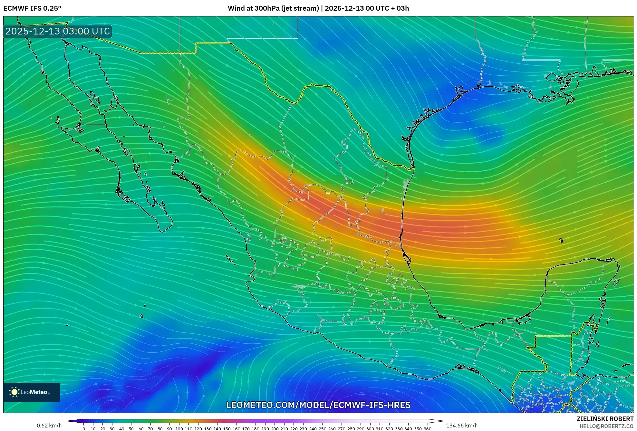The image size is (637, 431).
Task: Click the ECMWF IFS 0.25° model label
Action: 32,8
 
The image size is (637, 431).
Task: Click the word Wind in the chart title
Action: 236,8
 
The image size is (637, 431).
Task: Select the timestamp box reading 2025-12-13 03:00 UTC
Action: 58,31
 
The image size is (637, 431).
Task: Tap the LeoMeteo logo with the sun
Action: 31,392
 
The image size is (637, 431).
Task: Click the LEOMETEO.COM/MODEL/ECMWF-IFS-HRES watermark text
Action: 318,405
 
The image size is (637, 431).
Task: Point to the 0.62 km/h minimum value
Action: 49,426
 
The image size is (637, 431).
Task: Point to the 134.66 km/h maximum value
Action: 462,426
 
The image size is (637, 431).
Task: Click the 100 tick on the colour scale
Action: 179,429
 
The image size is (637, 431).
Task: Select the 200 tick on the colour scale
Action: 275,429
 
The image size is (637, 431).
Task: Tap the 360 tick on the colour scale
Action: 427,429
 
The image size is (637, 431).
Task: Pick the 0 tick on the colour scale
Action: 84,429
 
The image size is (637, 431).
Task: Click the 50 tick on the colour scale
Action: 131,429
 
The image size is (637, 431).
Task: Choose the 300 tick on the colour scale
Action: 370,429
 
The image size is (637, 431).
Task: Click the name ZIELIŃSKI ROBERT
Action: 605,419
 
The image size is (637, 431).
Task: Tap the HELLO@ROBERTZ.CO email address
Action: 606,426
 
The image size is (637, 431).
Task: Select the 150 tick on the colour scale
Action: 227,429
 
